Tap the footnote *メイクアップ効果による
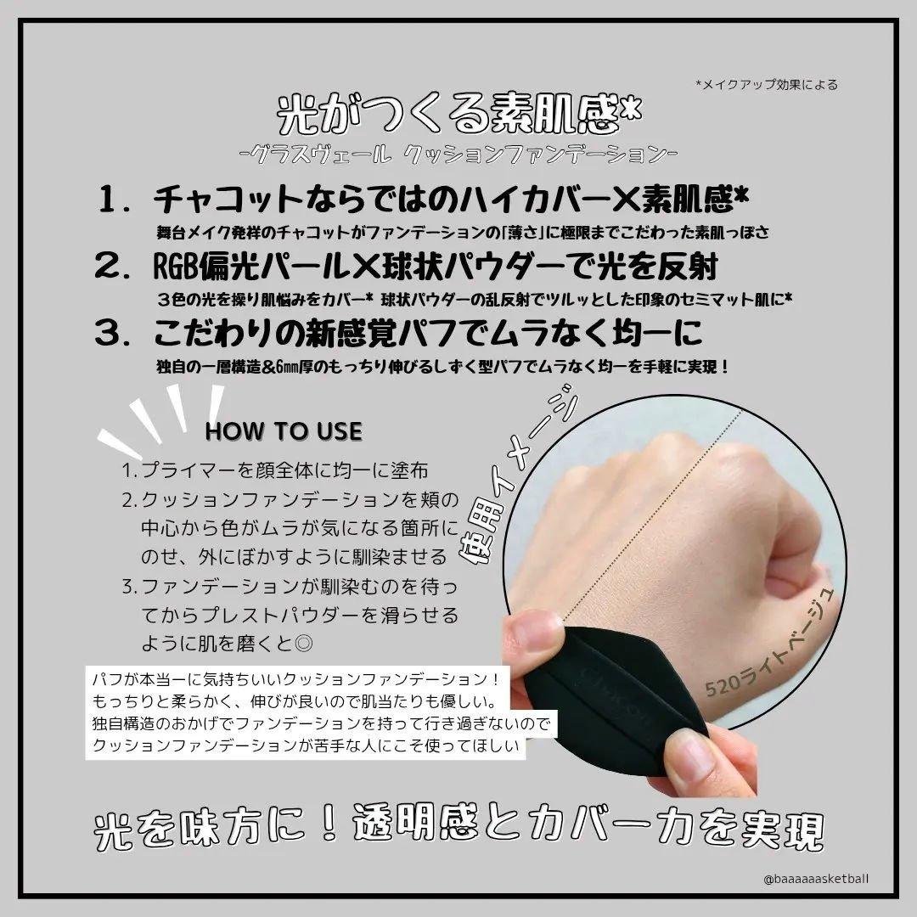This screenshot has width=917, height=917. tap(766, 84)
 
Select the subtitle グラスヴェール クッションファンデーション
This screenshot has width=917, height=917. tap(458, 155)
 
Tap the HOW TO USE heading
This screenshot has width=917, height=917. tap(284, 431)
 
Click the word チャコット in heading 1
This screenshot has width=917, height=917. tap(228, 202)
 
